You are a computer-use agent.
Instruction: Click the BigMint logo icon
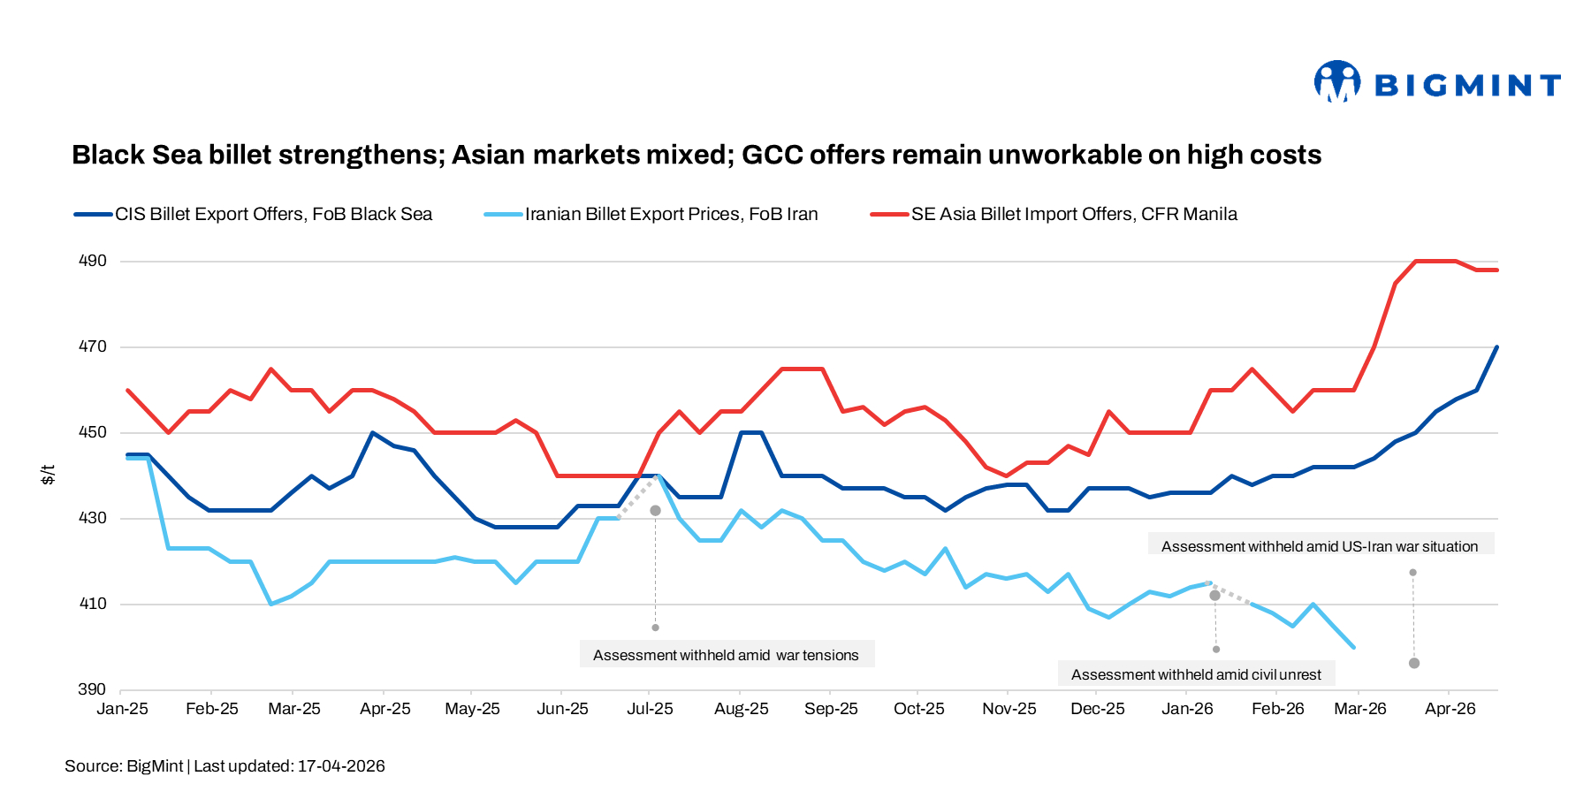pos(1336,82)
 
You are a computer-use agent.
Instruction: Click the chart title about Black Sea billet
pos(697,155)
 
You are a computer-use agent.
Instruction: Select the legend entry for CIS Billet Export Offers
pos(273,214)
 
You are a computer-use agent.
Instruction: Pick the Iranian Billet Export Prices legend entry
pos(671,214)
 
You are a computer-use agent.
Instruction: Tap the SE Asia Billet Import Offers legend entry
pos(1074,214)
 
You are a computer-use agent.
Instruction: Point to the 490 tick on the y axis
pos(93,261)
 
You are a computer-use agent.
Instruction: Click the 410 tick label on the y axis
pos(93,604)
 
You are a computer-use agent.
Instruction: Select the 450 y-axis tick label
pos(93,432)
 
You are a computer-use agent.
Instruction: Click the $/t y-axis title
pos(49,475)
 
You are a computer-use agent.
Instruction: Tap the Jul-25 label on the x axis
pos(650,709)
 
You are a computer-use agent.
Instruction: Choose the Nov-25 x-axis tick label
pos(1009,709)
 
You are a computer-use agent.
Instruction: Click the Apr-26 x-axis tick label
pos(1450,709)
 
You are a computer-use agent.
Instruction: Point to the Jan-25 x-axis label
pos(122,709)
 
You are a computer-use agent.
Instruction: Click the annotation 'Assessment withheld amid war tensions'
pos(726,655)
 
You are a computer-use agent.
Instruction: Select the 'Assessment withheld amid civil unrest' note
pos(1196,674)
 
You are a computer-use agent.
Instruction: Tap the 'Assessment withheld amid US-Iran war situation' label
pos(1320,546)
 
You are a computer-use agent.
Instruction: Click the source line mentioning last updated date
pos(225,766)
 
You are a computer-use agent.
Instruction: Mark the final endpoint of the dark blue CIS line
pos(1496,347)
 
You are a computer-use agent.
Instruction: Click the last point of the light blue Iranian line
pos(1354,647)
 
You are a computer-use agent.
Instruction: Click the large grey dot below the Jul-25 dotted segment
pos(655,511)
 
